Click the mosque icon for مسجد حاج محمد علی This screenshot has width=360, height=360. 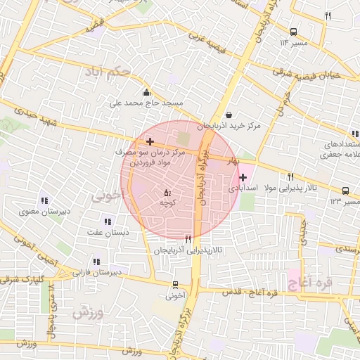pos(146,92)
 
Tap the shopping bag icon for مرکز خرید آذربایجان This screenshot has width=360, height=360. pos(229,115)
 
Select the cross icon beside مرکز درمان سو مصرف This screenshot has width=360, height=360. pos(150,142)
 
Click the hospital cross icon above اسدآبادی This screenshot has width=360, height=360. pos(243,178)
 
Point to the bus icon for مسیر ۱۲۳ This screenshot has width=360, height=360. pos(345,191)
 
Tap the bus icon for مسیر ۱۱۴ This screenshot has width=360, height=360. pos(293,32)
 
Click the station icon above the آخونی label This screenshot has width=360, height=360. pos(175,285)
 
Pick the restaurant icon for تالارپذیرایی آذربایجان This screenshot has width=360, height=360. pos(188,239)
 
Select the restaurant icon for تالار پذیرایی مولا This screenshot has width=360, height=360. pos(290,176)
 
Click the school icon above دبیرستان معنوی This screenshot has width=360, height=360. pos(44,200)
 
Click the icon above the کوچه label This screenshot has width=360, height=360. pos(167,192)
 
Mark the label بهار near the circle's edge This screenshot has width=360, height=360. pos(232,161)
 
